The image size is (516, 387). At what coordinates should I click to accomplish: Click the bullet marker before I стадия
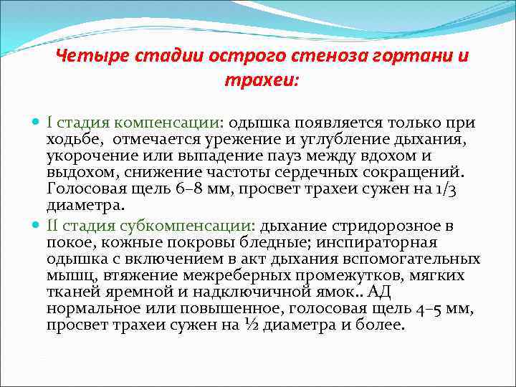37,123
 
